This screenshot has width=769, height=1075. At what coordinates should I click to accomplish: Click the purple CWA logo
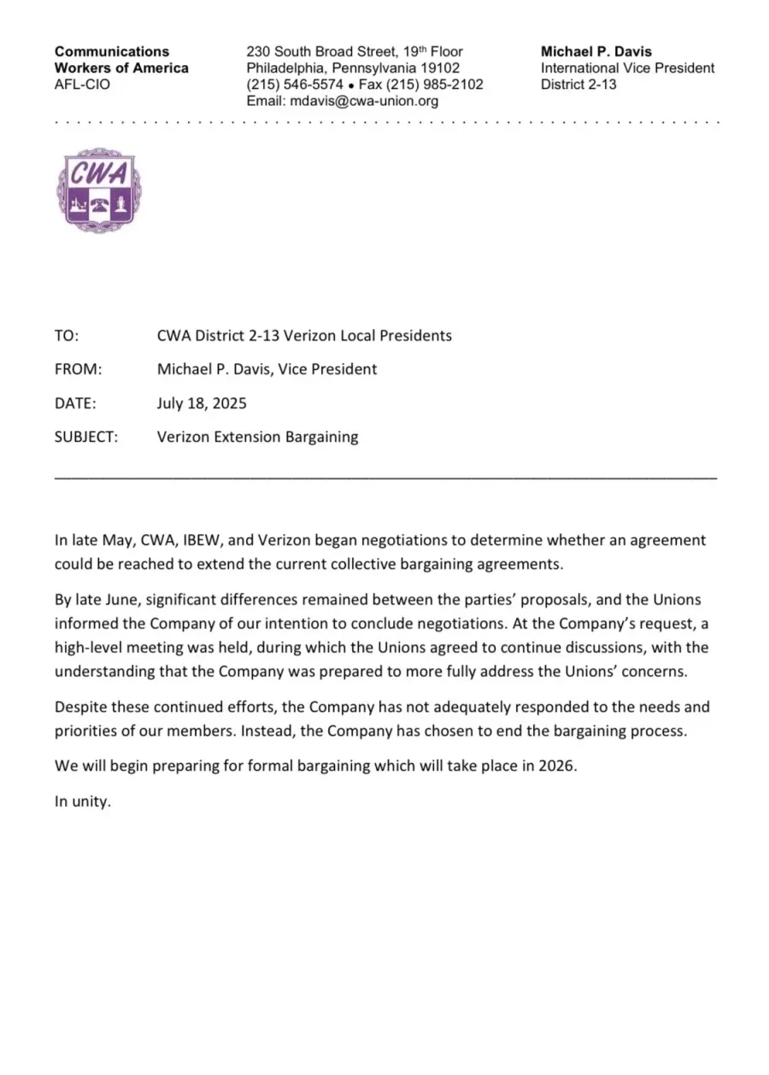coord(98,191)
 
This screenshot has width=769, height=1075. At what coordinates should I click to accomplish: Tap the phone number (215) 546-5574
coord(295,85)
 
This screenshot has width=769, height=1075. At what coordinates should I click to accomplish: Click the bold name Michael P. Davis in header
coord(596,51)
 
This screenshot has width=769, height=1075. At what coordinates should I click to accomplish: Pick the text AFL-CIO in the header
coord(82,85)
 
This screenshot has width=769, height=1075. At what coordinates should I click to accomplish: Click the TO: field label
coord(67,336)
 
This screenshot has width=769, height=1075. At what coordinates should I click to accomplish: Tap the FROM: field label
coord(79,369)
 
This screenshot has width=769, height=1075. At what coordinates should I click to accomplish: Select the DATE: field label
coord(75,402)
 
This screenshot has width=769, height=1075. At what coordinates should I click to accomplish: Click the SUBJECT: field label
coord(86,437)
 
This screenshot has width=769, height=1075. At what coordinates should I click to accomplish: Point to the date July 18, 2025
coord(202,402)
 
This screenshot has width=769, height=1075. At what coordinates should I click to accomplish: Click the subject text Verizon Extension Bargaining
coord(257,437)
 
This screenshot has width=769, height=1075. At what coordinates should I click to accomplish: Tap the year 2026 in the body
coord(557,766)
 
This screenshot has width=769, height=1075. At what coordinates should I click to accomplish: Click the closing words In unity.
coord(83,802)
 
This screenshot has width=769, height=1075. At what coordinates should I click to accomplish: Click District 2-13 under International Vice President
coord(578,85)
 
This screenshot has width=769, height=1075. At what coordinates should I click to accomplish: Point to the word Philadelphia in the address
coord(285,68)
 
